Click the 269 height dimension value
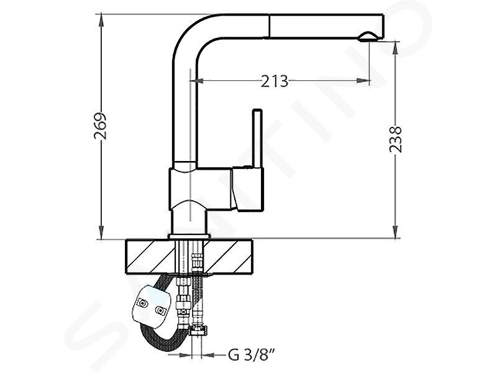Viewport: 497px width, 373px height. point(101,126)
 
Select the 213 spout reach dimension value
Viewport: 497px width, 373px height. point(275,81)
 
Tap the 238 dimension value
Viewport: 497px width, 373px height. point(395,139)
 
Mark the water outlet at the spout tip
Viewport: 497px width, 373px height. point(368,37)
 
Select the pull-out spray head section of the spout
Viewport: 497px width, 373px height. point(327,26)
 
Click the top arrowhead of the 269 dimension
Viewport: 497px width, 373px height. point(101,20)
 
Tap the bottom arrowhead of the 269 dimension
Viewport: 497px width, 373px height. point(101,232)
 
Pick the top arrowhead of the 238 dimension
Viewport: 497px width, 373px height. point(395,48)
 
